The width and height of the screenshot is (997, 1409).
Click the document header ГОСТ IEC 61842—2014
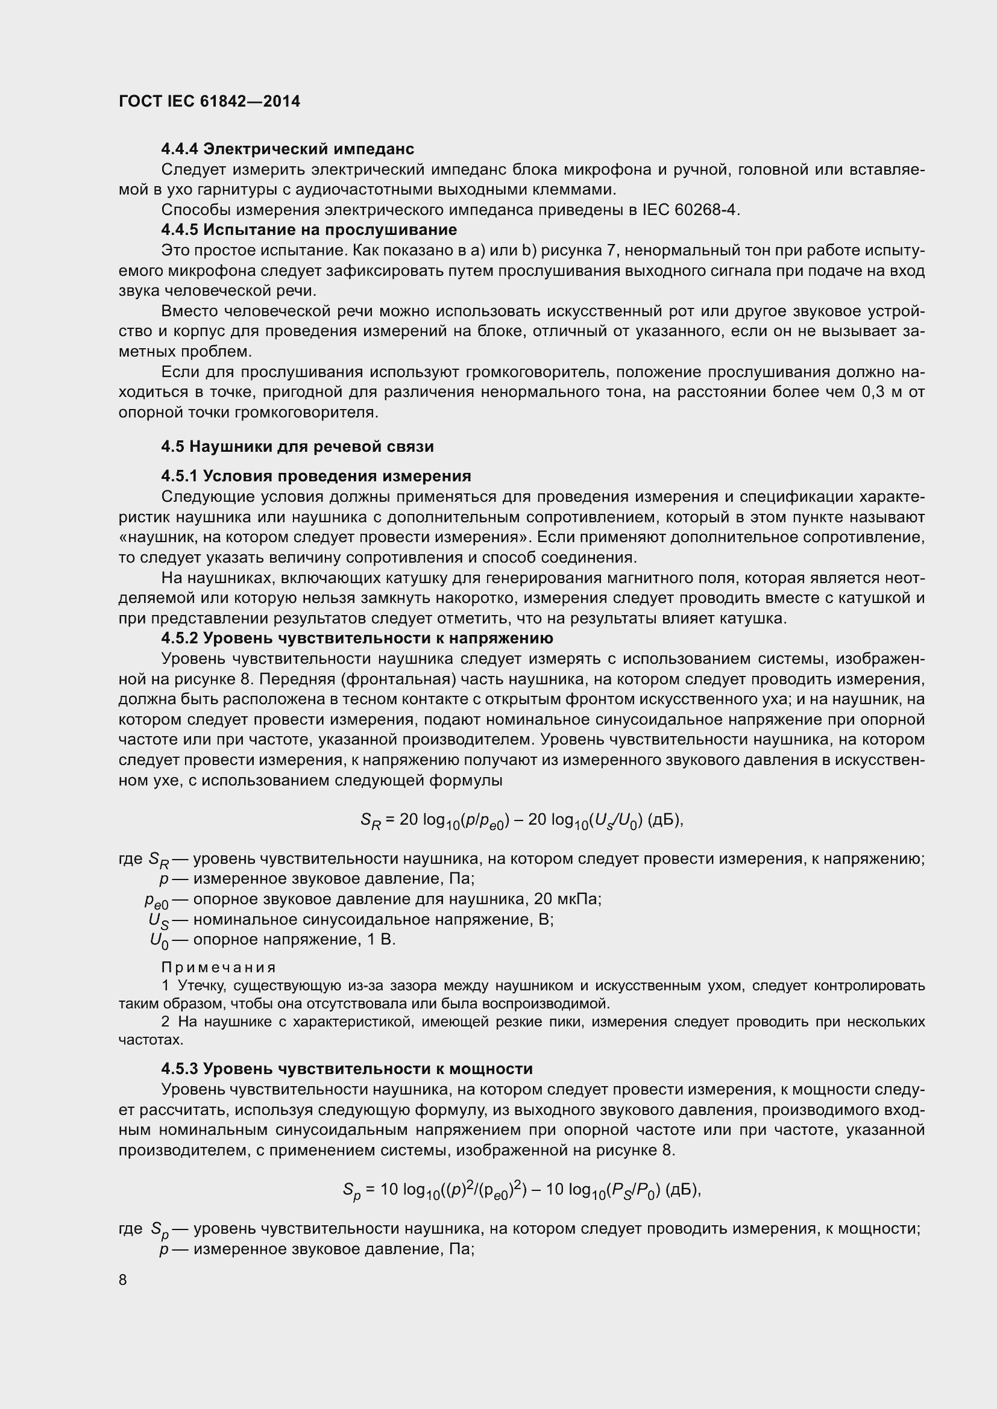(x=209, y=101)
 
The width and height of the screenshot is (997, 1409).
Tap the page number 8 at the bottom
(x=123, y=1279)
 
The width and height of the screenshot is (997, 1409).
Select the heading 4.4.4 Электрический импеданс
(x=288, y=149)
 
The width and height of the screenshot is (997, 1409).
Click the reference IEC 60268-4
(x=690, y=210)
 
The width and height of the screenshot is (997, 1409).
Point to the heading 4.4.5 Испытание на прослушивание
(x=309, y=230)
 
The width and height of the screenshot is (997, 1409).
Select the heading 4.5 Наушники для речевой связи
(x=297, y=447)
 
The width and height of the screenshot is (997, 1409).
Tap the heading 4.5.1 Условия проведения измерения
(x=315, y=476)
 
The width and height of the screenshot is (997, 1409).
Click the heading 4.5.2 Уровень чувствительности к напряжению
(x=357, y=639)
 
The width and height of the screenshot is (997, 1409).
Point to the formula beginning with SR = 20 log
(x=521, y=820)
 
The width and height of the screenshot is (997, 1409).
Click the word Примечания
(x=219, y=968)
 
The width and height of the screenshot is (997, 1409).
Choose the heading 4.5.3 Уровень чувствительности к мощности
(x=346, y=1069)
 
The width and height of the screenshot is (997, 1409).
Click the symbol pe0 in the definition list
(x=156, y=900)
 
